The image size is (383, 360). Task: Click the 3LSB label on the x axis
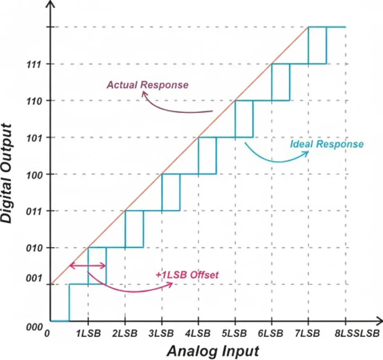coord(162,334)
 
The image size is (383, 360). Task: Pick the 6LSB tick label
coord(272,334)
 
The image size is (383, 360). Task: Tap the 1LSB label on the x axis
coord(88,334)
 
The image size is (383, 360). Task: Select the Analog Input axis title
coord(213,351)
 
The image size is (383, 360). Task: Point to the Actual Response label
coord(147,85)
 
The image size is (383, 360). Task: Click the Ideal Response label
coord(326,144)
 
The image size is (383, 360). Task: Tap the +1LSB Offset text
coord(187,275)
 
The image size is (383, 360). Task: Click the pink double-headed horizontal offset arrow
coord(88,266)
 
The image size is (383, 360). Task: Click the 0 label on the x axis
coord(46,334)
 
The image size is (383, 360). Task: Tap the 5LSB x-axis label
coord(235,334)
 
